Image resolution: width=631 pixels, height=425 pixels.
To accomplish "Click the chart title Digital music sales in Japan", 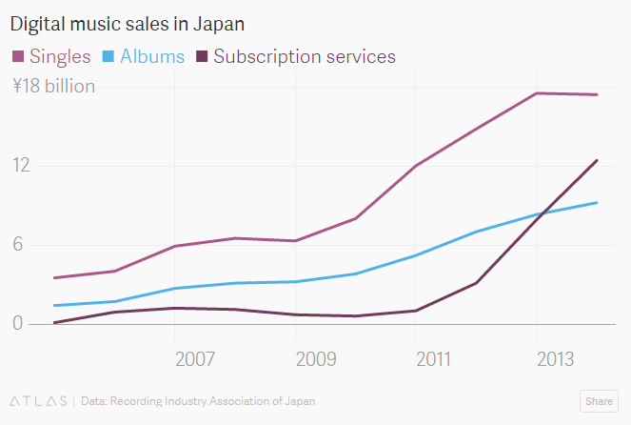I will point(134,20).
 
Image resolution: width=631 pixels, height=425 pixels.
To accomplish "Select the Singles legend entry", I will point(60,56).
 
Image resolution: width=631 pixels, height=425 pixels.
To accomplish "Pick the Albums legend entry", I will point(151,56).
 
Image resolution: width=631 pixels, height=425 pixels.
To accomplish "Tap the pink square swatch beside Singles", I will point(17,57).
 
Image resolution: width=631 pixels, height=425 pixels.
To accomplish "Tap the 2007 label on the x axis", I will point(194,359).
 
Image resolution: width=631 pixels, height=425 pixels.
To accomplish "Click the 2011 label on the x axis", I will point(434,359).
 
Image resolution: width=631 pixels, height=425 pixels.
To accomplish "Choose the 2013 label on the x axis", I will point(555,359).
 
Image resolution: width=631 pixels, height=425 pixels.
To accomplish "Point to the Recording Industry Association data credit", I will point(198,401).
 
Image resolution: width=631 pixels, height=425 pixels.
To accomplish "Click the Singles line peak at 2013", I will point(537,93).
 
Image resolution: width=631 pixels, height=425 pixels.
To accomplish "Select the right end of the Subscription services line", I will point(597,160).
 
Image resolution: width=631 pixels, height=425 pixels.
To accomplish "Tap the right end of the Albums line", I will point(597,202).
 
